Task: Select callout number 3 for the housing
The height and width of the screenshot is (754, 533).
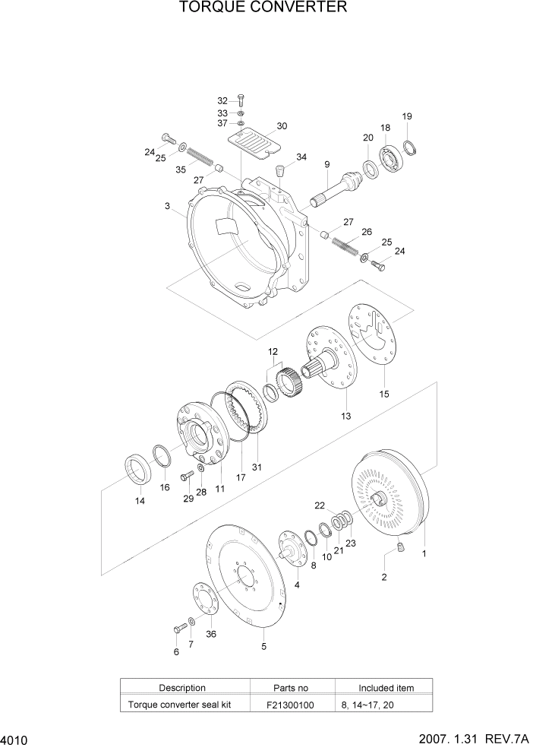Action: [167, 206]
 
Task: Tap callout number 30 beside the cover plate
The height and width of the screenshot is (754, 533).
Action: [282, 125]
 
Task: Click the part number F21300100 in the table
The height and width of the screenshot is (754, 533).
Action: [290, 705]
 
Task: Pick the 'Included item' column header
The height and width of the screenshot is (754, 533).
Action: [386, 688]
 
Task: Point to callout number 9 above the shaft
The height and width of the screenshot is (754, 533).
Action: [326, 165]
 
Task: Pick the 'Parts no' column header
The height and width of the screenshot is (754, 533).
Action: [290, 688]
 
